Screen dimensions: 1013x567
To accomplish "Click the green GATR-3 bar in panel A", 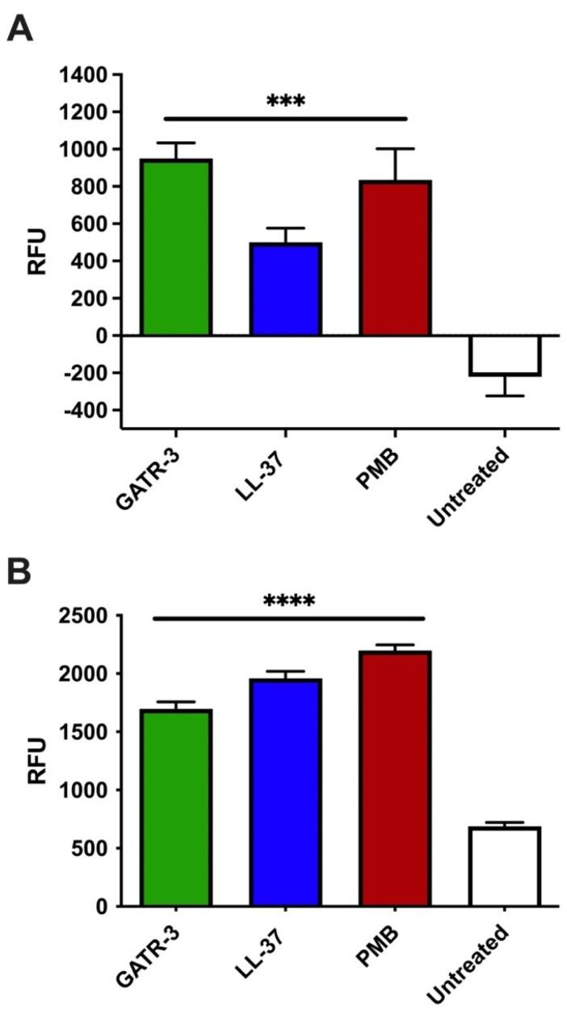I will [x=175, y=247].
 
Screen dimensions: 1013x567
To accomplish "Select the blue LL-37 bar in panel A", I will [x=285, y=289].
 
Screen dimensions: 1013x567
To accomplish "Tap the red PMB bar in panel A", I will [x=395, y=258].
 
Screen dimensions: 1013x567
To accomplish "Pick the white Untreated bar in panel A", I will [x=505, y=355].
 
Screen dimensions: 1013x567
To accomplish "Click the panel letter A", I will [x=20, y=30].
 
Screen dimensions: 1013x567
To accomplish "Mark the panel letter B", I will [x=20, y=571].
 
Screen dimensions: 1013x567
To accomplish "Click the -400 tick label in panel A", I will [x=86, y=410].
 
